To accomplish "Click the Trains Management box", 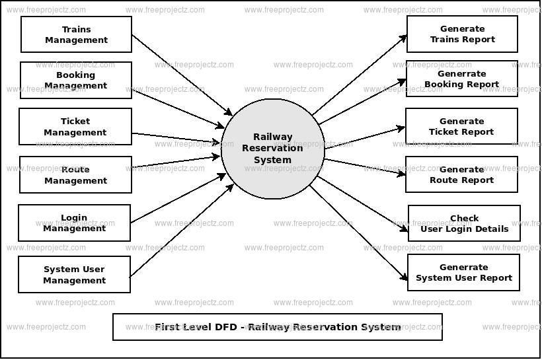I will coord(76,34).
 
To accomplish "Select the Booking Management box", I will coord(75,80).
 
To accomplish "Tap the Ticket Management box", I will coord(75,127).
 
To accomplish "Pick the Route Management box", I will coord(75,174).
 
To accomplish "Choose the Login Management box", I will coord(74,223).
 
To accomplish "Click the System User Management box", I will coord(74,274).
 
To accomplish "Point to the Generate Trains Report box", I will coord(462,34).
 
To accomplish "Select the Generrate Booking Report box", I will coord(461,79).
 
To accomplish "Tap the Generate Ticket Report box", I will coord(461,126).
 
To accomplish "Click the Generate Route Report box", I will coord(461,174).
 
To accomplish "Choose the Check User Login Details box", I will coord(464,223).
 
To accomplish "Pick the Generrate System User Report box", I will coord(463,272).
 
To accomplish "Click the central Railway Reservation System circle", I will coord(272,148).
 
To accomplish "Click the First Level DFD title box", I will coord(277,327).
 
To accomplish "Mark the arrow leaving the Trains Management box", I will coord(182,75).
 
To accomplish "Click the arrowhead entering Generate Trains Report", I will coord(404,37).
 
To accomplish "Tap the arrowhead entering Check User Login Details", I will coord(405,229).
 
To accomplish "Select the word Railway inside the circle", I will coord(272,137).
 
